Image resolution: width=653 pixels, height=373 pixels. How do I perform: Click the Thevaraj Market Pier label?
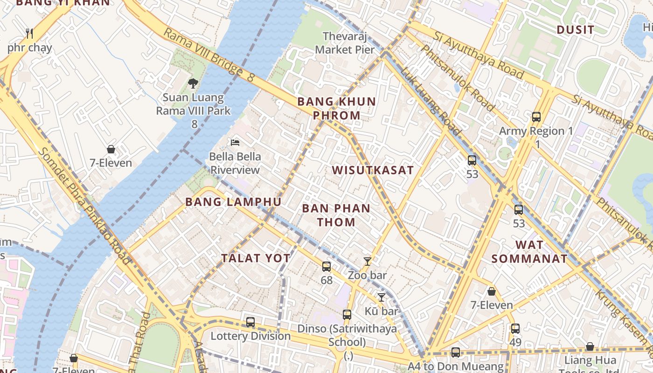click(x=345, y=42)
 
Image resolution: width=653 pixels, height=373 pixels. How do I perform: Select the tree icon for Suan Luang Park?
click(x=193, y=83)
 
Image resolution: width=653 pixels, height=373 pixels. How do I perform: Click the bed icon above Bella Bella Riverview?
click(x=235, y=142)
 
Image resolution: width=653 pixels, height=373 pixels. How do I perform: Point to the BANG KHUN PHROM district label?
click(x=336, y=108)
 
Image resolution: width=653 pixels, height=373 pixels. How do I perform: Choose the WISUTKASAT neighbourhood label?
click(x=373, y=170)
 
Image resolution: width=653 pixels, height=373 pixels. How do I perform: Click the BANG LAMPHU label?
click(x=233, y=202)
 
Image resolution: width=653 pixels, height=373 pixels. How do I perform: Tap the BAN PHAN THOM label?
click(x=336, y=215)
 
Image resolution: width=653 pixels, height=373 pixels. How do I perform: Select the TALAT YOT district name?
click(x=256, y=258)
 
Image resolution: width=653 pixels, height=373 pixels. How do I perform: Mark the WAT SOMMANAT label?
click(x=529, y=252)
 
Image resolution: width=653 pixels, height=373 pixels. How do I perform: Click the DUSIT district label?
click(x=576, y=30)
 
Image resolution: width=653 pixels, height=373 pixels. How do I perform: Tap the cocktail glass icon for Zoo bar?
click(x=368, y=262)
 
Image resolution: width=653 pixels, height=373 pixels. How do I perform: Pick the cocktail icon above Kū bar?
click(x=382, y=297)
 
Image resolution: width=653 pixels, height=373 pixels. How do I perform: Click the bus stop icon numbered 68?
click(x=326, y=267)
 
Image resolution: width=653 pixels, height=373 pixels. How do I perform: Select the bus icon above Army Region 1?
click(x=536, y=117)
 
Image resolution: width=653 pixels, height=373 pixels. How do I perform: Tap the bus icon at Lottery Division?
click(x=250, y=322)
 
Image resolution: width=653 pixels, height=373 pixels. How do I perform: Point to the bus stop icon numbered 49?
click(x=515, y=329)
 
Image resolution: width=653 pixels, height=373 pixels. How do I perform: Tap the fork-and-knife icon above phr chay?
click(x=29, y=34)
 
